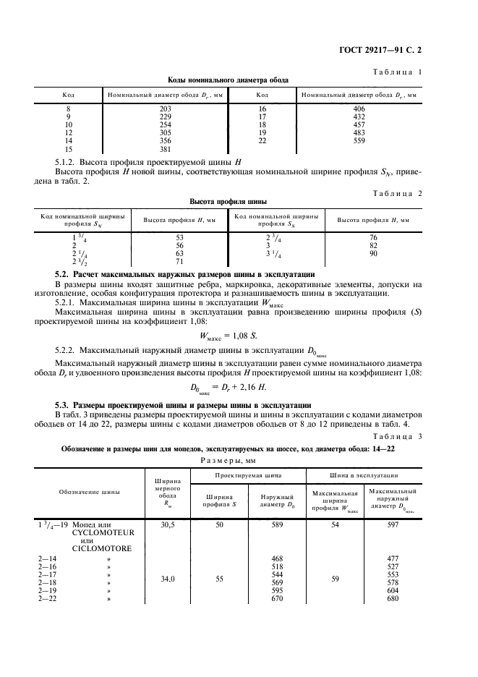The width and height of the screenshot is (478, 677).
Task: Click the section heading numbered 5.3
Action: (183, 404)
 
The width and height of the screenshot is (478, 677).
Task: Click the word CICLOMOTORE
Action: (101, 548)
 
